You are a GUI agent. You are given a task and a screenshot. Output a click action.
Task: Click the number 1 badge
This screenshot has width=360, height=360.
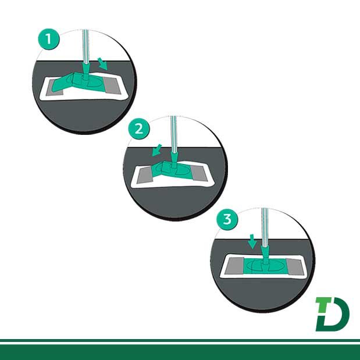pos(49,39)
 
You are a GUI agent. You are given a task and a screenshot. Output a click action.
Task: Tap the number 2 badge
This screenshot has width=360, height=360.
pos(138,129)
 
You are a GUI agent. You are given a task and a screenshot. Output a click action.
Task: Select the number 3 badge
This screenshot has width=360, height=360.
pos(227,219)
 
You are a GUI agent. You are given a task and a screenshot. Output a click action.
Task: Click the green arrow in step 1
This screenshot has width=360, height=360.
pos(102,63)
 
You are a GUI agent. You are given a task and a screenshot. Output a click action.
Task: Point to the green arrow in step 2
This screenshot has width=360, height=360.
pos(157,151)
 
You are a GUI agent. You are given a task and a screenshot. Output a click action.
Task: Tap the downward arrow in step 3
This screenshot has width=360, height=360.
pos(252,241)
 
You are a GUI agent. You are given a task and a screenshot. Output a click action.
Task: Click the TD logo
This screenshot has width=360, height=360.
pos(332,314)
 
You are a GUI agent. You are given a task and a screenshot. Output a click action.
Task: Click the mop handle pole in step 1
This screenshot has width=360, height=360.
pos(85,47)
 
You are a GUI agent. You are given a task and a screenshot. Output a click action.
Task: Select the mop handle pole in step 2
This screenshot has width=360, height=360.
pos(174,134)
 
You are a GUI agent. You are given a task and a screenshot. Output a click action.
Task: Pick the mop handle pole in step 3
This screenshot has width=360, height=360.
pos(265,227)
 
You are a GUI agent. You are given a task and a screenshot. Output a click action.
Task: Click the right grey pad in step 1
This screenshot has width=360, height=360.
pos(112,85)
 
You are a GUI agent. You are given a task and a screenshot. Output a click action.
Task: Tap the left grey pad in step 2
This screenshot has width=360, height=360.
pos(145,176)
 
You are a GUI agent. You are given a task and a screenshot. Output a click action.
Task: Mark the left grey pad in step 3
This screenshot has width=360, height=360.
pos(234,266)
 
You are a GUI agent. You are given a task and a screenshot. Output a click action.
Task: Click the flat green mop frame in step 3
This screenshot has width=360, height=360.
pos(265,266)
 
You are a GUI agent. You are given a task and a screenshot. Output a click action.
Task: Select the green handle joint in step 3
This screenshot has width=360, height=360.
pos(265,255)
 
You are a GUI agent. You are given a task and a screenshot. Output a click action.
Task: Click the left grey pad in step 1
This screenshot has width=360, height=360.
pos(54,88)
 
